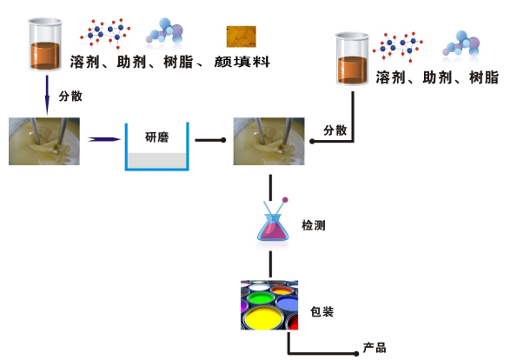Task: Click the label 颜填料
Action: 242,62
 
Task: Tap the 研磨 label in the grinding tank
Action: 157,137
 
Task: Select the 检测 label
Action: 314,225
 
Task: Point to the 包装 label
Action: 322,311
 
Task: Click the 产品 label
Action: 374,348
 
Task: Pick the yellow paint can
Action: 264,318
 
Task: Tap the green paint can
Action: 261,298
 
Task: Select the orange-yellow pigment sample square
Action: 241,37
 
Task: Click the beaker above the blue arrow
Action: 45,44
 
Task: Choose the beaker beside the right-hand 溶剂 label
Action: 352,59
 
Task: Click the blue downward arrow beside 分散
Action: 47,95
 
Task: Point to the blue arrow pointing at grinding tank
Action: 104,140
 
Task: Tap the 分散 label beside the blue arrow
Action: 70,97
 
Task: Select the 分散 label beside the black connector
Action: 335,130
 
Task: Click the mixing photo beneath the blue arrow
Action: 44,141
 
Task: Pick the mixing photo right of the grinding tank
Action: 269,141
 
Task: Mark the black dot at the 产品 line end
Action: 356,354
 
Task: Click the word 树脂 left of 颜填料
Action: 178,62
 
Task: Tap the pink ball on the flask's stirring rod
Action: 285,200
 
